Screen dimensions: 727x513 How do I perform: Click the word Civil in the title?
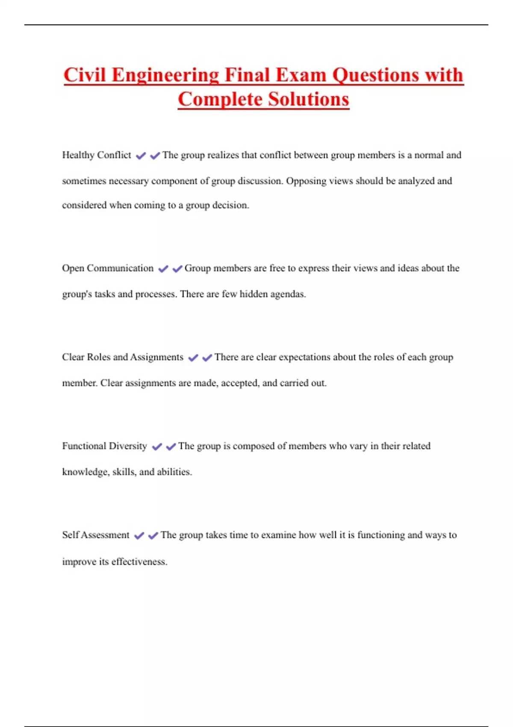click(85, 75)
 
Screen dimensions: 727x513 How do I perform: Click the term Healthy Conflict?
click(97, 155)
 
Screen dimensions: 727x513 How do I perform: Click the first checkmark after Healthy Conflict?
click(141, 156)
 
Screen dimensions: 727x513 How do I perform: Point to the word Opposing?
click(306, 181)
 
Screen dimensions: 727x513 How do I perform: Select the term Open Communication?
click(108, 268)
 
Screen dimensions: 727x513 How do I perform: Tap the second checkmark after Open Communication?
click(177, 269)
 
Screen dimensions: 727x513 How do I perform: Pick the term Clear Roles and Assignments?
click(123, 357)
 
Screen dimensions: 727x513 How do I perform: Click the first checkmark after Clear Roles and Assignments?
click(193, 358)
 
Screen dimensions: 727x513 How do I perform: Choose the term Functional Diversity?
click(104, 446)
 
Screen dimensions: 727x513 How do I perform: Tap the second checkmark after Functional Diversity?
click(171, 447)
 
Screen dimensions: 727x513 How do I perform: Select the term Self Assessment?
click(96, 535)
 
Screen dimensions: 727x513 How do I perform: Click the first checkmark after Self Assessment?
click(139, 535)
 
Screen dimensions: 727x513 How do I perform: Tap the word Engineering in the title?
click(165, 76)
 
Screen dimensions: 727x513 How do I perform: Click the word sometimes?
click(84, 181)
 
